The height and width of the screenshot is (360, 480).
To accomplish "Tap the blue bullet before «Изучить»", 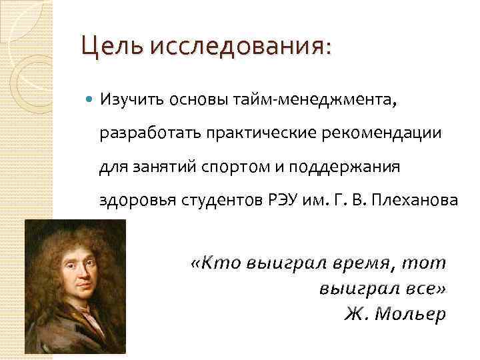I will (90, 100).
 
